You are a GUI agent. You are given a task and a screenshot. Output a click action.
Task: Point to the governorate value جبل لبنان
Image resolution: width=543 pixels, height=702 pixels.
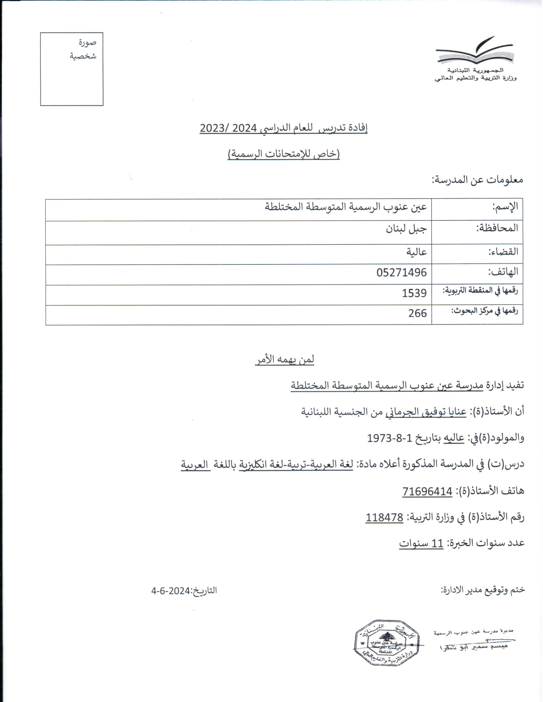pos(406,229)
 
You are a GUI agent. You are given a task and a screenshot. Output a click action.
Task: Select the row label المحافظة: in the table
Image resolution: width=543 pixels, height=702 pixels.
pos(497,228)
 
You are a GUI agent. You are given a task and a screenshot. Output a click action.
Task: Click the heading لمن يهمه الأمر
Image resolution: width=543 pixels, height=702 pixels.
pos(285,359)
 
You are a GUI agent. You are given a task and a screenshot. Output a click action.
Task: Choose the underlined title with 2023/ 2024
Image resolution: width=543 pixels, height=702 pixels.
pos(283,128)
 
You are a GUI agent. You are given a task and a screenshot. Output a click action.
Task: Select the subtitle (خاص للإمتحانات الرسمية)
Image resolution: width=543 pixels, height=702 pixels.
pos(284,154)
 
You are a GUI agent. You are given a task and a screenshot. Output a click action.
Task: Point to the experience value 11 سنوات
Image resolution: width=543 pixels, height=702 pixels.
pos(421,544)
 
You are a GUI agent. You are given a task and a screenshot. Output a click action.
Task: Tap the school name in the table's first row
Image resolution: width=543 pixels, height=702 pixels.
pos(346,207)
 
